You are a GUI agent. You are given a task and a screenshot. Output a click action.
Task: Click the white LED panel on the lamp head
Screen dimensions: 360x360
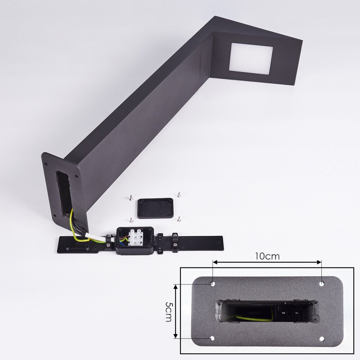point(251,58)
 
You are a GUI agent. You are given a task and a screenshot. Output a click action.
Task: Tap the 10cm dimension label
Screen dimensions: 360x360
point(267,256)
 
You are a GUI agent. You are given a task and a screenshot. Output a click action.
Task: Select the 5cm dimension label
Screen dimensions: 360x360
point(169,311)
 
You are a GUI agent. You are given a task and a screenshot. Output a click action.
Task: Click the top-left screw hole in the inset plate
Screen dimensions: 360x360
point(213,284)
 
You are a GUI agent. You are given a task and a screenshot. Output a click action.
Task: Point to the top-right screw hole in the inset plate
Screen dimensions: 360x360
point(321,284)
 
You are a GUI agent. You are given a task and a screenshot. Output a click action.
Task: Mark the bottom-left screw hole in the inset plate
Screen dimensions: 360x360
point(212,338)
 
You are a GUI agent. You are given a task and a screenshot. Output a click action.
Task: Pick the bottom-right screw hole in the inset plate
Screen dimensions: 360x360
point(321,339)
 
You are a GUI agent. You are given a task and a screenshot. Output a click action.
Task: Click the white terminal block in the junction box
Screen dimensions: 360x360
point(136,237)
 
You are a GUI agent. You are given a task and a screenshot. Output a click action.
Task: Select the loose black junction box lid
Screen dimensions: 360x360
point(155,208)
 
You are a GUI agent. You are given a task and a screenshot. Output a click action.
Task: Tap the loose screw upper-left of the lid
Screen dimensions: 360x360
point(131,197)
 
